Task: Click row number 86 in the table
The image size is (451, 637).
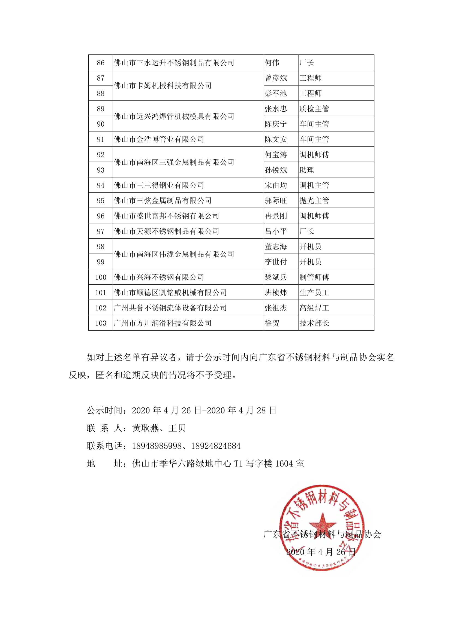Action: [101, 63]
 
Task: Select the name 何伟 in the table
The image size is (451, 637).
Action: [272, 63]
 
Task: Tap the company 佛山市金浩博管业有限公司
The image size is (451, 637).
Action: [159, 139]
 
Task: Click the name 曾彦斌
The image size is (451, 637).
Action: [276, 78]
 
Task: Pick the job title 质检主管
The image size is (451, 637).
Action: [314, 109]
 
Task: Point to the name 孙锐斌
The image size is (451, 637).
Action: [276, 170]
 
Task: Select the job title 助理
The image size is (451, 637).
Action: [306, 170]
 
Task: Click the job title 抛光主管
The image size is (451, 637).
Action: [314, 201]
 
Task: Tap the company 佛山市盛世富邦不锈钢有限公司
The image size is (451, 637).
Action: [166, 216]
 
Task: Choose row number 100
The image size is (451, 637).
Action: [101, 277]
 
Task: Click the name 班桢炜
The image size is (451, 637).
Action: [276, 292]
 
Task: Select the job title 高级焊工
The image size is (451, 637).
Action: [314, 308]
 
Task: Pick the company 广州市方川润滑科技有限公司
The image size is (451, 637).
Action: [163, 323]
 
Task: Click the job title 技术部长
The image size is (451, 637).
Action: [314, 323]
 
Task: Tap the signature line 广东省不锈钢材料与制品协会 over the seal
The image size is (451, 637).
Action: [322, 534]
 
